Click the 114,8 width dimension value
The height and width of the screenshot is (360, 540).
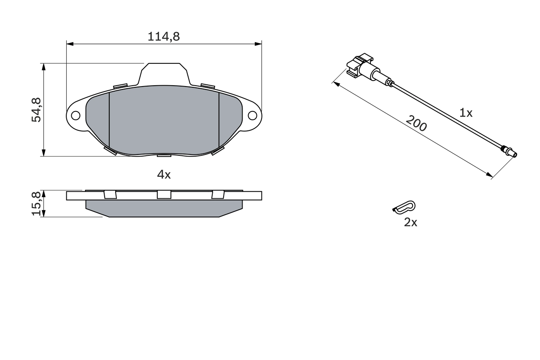[164, 37]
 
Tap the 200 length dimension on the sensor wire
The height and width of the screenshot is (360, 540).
[416, 123]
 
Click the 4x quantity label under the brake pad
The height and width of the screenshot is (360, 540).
[164, 174]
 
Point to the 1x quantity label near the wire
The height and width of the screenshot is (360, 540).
[466, 113]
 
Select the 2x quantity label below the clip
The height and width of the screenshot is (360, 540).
[410, 222]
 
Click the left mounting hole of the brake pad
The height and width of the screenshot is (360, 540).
[76, 115]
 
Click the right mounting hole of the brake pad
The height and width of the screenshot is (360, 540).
[252, 115]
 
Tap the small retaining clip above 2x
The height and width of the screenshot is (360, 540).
[404, 206]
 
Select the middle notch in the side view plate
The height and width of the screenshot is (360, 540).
[164, 195]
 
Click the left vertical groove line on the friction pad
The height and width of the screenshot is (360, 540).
[109, 120]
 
